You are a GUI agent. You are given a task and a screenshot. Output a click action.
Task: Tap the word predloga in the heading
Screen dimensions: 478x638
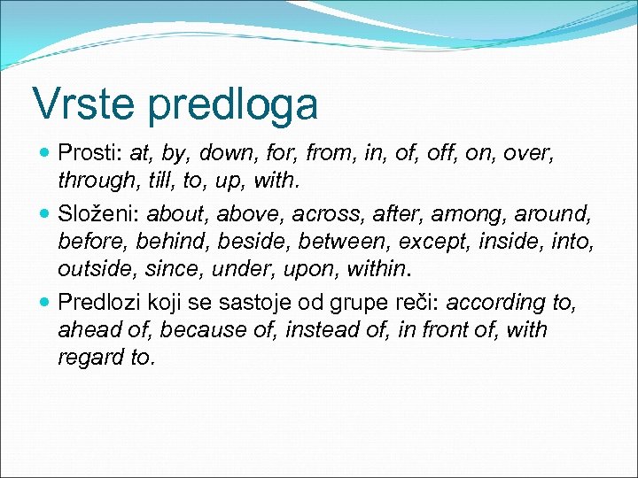click(x=233, y=105)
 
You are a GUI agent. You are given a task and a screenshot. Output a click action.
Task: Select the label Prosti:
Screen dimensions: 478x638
click(x=90, y=152)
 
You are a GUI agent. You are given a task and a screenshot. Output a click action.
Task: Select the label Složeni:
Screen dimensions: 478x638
click(x=98, y=213)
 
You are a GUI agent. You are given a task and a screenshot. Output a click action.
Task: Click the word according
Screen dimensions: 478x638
click(x=495, y=303)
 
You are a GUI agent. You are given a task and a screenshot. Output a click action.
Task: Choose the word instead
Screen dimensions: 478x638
click(x=311, y=330)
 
